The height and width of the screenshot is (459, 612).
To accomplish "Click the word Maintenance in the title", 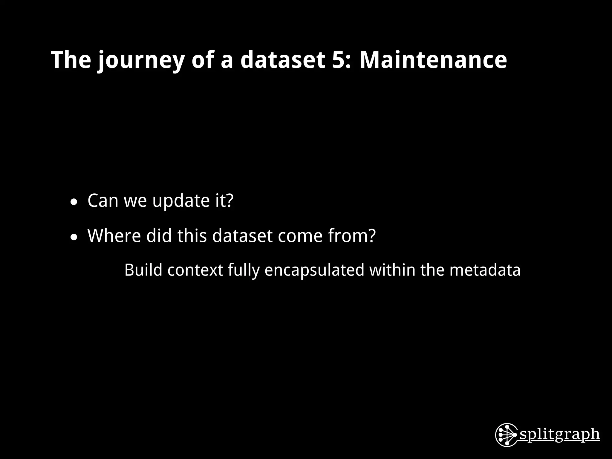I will click(x=433, y=60).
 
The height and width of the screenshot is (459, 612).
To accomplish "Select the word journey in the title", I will click(x=140, y=61).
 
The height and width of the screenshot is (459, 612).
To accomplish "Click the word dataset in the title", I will click(x=282, y=60).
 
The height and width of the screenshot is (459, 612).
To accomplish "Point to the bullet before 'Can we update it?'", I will click(x=74, y=203).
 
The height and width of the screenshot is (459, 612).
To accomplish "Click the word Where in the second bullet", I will click(x=114, y=235).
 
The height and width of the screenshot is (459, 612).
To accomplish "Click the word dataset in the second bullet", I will click(x=242, y=235).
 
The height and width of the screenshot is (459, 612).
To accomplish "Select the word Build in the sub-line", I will click(x=143, y=270).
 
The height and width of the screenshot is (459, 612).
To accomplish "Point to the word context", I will click(x=195, y=270).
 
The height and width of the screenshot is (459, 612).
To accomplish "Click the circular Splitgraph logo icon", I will click(x=506, y=435).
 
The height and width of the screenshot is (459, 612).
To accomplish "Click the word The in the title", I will click(x=71, y=60).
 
